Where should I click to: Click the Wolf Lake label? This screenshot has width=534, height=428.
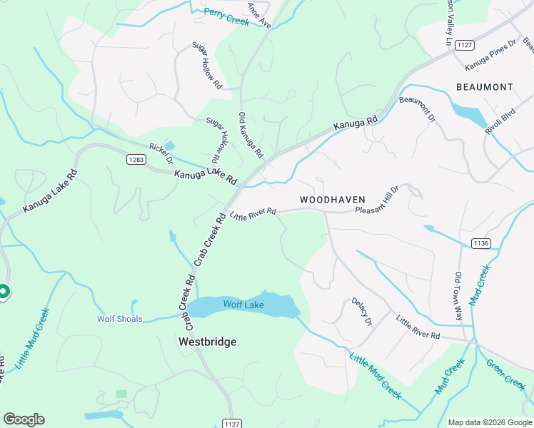[x=243, y=305]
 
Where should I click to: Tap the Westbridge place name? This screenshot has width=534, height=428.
[x=206, y=342]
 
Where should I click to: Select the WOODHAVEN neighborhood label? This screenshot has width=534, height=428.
[x=332, y=200]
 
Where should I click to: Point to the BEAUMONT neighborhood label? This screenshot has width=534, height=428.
[x=484, y=87]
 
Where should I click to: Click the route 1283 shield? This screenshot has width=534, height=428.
[x=136, y=159]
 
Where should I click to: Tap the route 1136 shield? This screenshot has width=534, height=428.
[x=480, y=243]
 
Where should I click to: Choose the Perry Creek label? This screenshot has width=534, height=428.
[x=226, y=17]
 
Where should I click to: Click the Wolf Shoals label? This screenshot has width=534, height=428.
[x=120, y=319]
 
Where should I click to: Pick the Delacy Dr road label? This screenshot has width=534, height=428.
[x=362, y=312]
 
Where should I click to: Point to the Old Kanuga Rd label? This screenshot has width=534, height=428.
[x=251, y=135]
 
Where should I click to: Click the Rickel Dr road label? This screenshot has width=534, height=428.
[x=161, y=153]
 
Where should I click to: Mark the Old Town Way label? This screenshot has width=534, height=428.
[x=458, y=296]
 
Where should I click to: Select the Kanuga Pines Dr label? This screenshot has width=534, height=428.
[x=490, y=55]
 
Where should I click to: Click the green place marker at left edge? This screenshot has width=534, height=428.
[x=3, y=291]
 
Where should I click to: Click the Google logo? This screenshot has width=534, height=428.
[x=24, y=419]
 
